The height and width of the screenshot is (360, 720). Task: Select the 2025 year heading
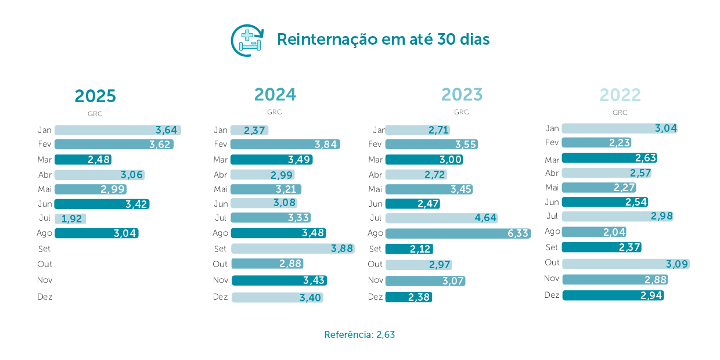pyautogui.click(x=95, y=96)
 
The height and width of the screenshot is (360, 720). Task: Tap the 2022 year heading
pyautogui.click(x=620, y=95)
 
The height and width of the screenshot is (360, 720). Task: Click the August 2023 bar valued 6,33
pyautogui.click(x=458, y=233)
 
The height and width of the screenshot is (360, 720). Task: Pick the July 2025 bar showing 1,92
pyautogui.click(x=70, y=219)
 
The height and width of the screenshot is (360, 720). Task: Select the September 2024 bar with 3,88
pyautogui.click(x=292, y=249)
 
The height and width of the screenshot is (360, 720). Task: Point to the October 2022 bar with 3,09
pyautogui.click(x=625, y=264)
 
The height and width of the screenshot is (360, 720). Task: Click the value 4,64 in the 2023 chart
pyautogui.click(x=485, y=218)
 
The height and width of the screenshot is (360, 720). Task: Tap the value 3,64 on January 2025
pyautogui.click(x=166, y=130)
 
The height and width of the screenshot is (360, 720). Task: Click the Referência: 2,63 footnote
pyautogui.click(x=359, y=335)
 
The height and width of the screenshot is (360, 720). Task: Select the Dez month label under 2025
pyautogui.click(x=45, y=297)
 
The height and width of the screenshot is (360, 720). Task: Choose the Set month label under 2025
pyautogui.click(x=45, y=249)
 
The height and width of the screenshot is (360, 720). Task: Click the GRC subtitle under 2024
pyautogui.click(x=275, y=112)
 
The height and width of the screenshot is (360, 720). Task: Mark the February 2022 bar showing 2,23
pyautogui.click(x=596, y=143)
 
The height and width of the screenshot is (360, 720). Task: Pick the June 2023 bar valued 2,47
pyautogui.click(x=412, y=204)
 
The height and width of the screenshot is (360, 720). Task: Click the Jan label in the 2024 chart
pyautogui.click(x=221, y=130)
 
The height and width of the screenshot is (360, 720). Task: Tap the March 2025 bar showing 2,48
pyautogui.click(x=82, y=160)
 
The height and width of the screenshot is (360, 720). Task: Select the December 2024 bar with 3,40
pyautogui.click(x=277, y=297)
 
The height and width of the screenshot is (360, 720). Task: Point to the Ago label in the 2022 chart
pyautogui.click(x=552, y=231)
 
